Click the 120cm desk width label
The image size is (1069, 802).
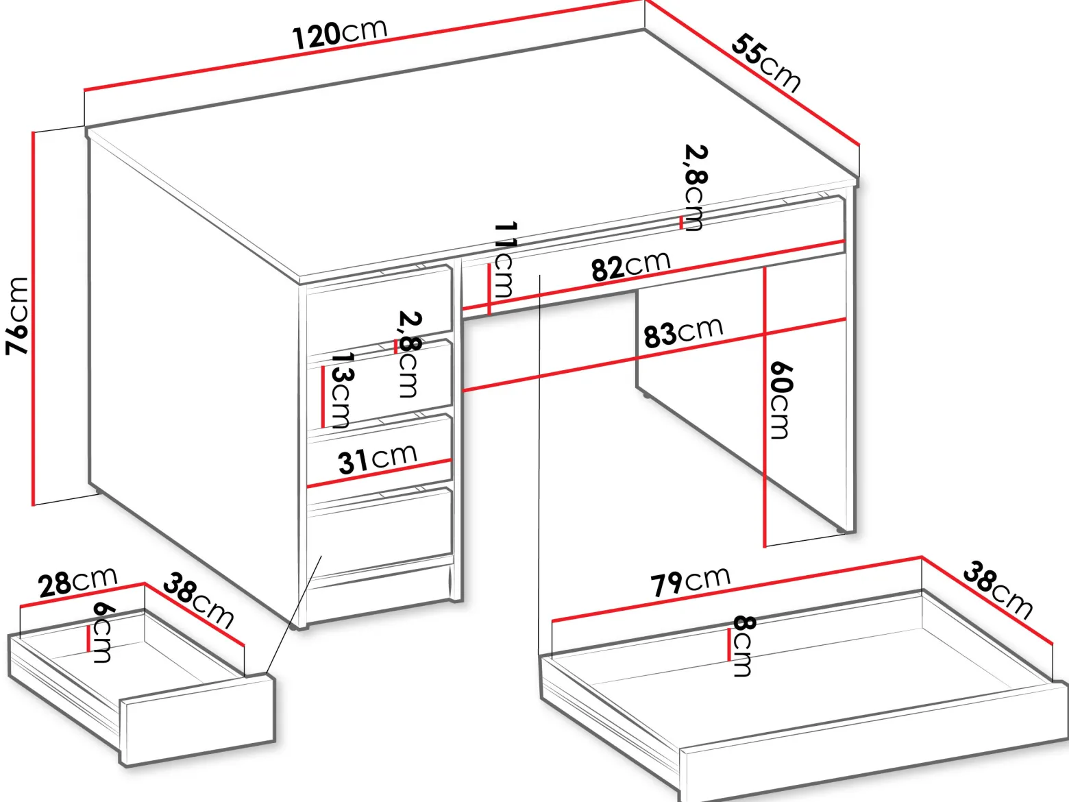tap(339, 34)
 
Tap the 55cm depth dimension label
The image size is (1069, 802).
tap(765, 63)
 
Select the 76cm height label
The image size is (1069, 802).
tap(17, 316)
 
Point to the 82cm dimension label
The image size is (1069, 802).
tap(630, 266)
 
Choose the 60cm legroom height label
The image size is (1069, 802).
tap(782, 400)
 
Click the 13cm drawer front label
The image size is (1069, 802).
tap(343, 390)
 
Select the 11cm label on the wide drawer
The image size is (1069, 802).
tap(504, 260)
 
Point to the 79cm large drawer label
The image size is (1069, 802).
tap(691, 581)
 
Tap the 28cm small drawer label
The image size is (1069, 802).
tap(78, 581)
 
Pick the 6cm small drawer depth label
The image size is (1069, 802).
tap(103, 632)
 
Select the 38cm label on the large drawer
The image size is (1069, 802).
tap(998, 590)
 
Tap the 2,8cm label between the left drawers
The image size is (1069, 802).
tap(408, 354)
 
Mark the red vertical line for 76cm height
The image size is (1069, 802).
tap(33, 319)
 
